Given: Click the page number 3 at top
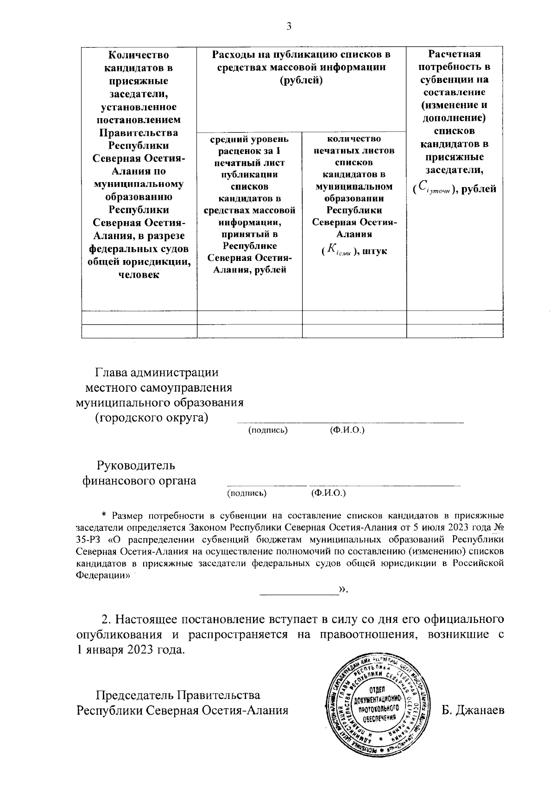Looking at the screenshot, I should (289, 26).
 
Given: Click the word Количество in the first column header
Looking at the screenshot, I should (138, 55).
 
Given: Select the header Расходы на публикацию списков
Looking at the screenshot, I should (301, 55).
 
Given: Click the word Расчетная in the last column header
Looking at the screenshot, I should (454, 54).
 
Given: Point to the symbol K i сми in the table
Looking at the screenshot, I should (340, 250).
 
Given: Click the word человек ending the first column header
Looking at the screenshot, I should (139, 275).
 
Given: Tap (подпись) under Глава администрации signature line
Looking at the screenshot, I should (268, 430).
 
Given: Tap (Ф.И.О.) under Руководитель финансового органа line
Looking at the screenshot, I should (329, 493).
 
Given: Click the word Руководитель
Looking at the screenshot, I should (136, 465).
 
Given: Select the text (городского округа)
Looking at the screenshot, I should (151, 417).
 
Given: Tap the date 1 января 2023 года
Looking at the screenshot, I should (131, 649).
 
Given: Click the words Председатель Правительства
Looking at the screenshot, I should (177, 695).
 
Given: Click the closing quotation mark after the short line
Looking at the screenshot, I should (343, 590).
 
